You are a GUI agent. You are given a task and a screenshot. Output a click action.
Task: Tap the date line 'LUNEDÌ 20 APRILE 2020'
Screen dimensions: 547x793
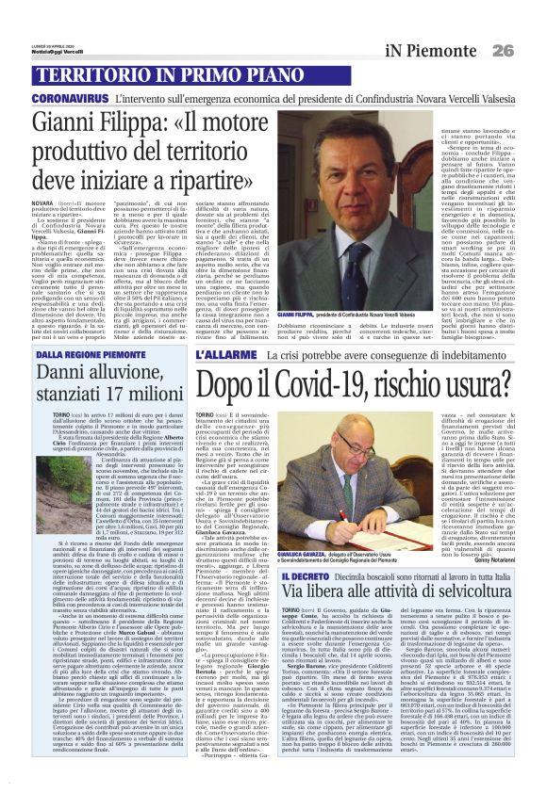[x=57, y=17]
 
